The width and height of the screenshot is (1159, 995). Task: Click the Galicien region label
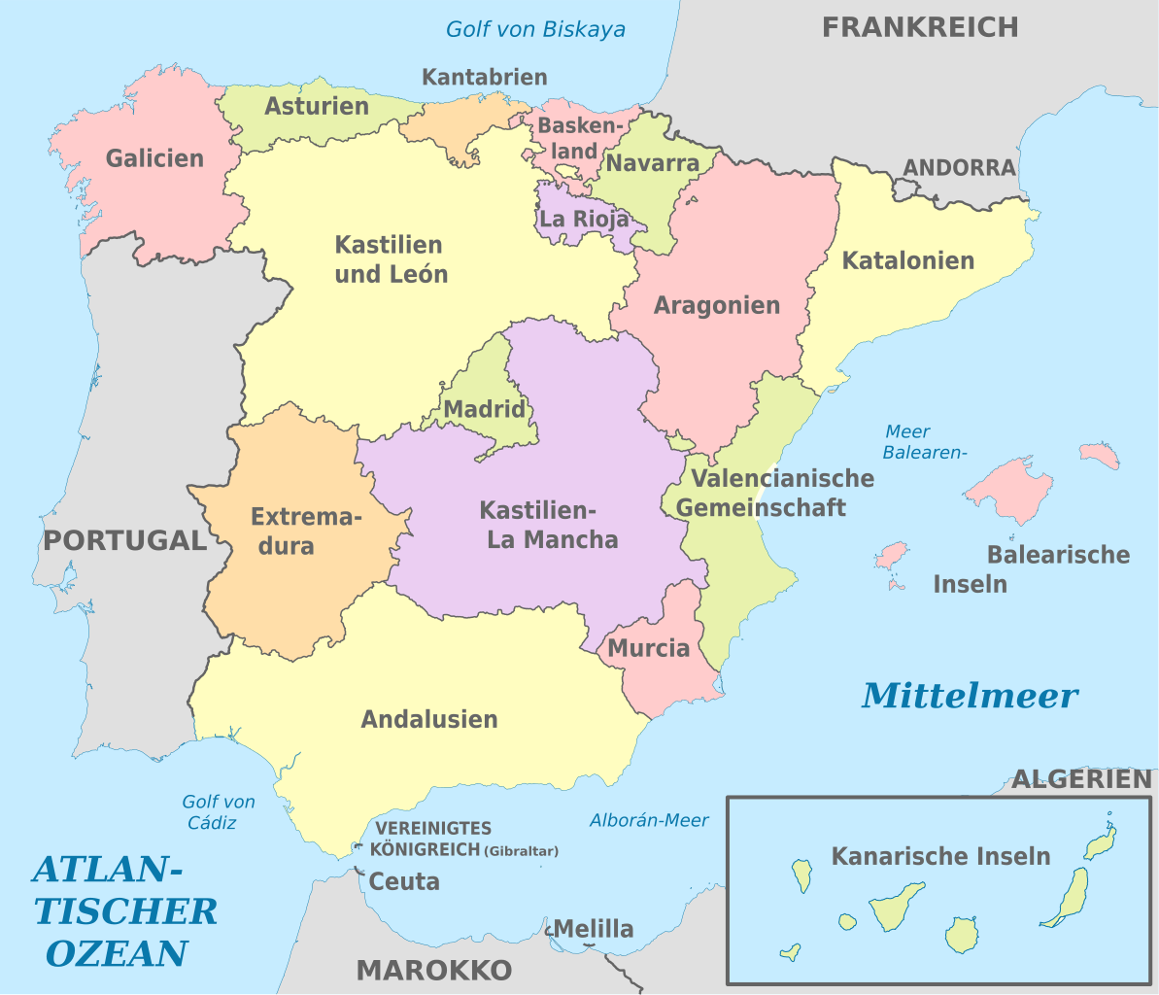click(x=155, y=158)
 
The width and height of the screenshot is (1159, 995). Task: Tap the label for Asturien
click(x=317, y=106)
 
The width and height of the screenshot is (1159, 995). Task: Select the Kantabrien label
click(x=485, y=77)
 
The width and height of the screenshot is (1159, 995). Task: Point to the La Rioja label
click(x=584, y=219)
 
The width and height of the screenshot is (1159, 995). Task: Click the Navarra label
click(x=652, y=163)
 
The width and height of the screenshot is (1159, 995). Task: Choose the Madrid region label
click(x=484, y=410)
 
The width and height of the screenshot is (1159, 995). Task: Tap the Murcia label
click(x=648, y=648)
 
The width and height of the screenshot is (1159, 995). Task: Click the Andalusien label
click(x=428, y=719)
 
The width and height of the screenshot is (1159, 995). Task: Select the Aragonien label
click(x=716, y=305)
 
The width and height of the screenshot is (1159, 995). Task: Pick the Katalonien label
click(x=907, y=260)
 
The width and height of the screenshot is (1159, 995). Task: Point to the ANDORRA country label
click(x=959, y=167)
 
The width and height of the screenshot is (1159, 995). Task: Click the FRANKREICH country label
click(x=919, y=27)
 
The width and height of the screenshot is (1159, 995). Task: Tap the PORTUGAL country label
click(x=124, y=540)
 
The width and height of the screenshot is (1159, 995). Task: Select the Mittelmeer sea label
click(x=970, y=696)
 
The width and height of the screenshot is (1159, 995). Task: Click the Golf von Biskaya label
click(x=535, y=29)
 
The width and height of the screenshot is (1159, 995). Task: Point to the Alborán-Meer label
click(x=649, y=820)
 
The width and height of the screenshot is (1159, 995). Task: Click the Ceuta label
click(x=404, y=881)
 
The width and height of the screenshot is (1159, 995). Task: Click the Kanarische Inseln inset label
click(x=940, y=856)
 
